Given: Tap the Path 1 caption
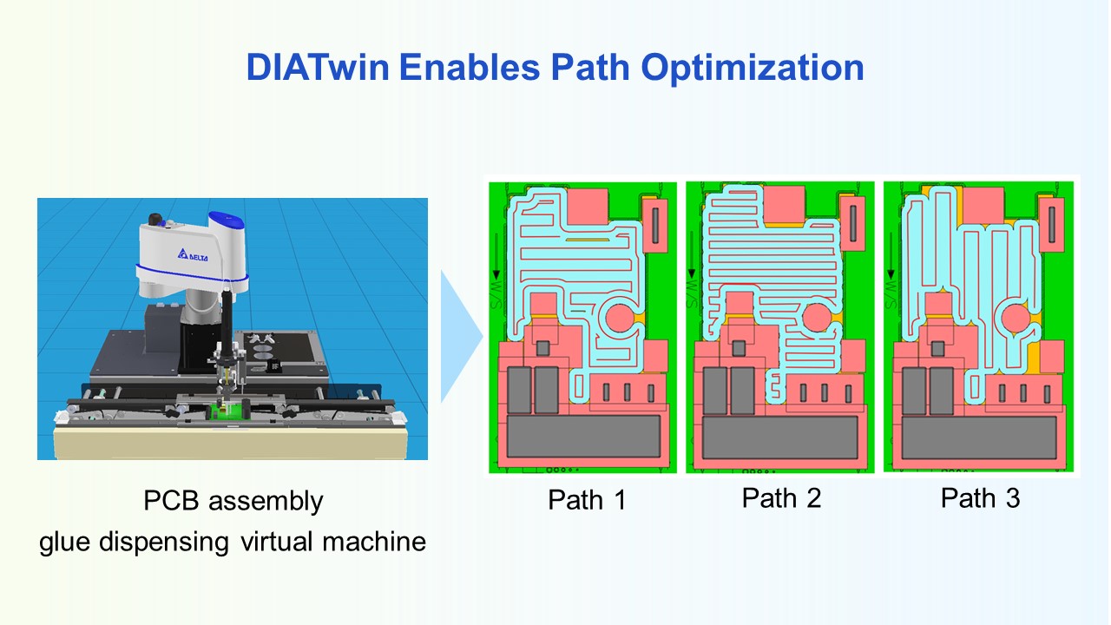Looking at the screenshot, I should pos(587,500).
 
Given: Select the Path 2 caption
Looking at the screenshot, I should pos(781,498).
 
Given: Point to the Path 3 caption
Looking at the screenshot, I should pos(980,498).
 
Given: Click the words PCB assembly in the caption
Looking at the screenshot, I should pos(233,501).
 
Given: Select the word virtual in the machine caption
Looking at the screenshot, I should pos(272,543).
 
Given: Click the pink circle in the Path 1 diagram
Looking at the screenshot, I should pos(621,319).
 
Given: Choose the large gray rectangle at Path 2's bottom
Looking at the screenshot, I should pos(779,437).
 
